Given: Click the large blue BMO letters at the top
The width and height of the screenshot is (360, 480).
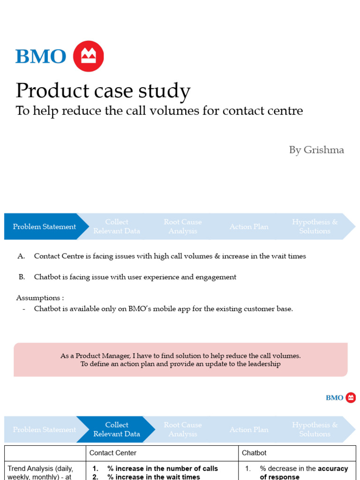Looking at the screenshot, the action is [x=41, y=57].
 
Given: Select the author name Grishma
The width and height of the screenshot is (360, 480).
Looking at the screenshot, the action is [x=323, y=150].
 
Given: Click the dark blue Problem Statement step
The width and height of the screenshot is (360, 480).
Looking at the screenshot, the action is [x=44, y=227].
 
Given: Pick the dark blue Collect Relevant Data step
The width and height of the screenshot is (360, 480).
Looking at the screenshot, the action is [x=117, y=429].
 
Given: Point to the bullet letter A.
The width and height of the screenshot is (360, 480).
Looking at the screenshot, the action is [x=21, y=256].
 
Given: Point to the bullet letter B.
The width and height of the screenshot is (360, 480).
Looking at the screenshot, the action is [x=22, y=277].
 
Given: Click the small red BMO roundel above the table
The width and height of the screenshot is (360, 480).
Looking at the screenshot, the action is [x=351, y=397].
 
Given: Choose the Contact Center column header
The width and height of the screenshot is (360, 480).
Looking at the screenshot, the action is [x=113, y=453].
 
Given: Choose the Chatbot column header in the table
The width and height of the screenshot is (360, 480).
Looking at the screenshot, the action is [x=254, y=453].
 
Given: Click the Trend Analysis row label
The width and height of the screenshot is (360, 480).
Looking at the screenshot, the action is [x=40, y=469].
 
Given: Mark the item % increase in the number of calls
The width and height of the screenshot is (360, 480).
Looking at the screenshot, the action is [x=162, y=469].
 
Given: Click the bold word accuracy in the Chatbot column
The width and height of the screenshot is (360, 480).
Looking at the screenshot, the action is [x=333, y=469].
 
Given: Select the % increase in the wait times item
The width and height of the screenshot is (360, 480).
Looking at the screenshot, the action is [x=153, y=477].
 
